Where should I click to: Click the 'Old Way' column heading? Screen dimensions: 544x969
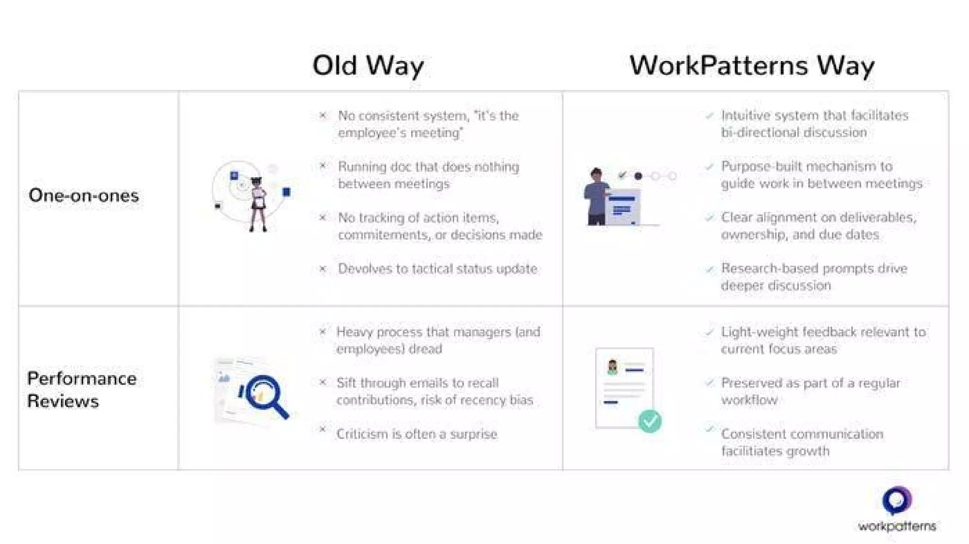368,65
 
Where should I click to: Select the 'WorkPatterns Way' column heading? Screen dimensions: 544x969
751,65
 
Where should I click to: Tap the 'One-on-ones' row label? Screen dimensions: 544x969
84,195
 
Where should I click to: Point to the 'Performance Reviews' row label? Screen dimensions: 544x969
81,389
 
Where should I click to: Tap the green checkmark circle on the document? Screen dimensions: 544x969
650,421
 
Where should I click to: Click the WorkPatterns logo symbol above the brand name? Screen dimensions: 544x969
897,500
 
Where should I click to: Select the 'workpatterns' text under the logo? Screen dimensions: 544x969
897,526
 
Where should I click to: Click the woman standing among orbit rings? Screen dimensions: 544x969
258,203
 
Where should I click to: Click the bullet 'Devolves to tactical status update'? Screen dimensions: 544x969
437,269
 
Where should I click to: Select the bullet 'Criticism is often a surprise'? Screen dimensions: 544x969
416,434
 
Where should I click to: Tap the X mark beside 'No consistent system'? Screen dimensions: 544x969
323,115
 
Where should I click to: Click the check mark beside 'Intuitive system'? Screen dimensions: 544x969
709,115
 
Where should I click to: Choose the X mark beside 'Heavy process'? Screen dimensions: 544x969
323,332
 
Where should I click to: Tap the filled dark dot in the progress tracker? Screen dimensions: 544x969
638,176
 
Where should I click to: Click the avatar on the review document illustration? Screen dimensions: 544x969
612,367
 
